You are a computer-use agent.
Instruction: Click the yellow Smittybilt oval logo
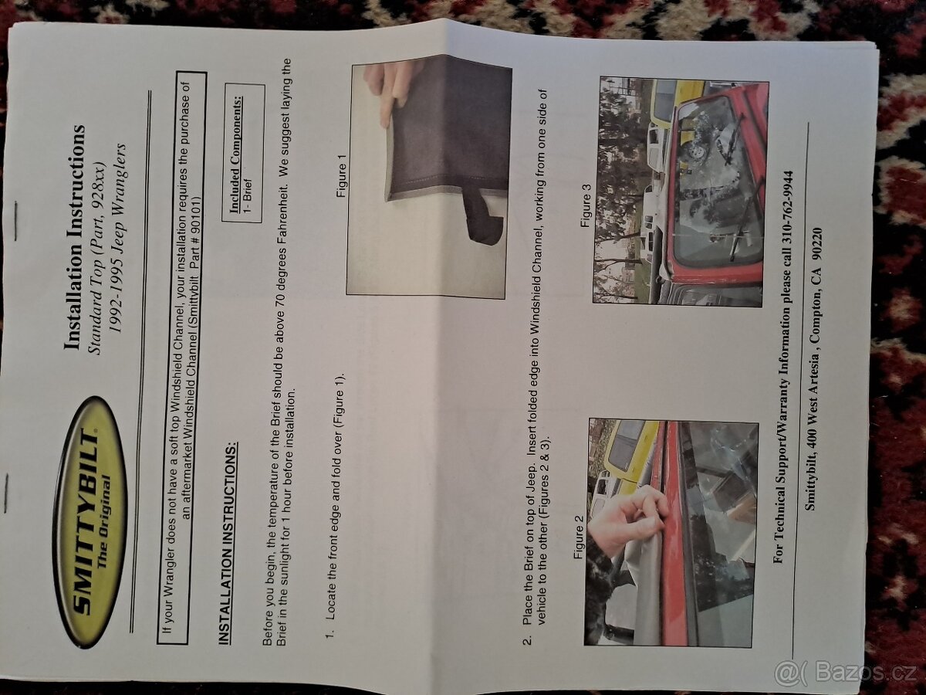click(90, 524)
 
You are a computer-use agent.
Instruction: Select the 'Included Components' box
click(243, 152)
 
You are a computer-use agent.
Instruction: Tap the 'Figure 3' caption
click(587, 206)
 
